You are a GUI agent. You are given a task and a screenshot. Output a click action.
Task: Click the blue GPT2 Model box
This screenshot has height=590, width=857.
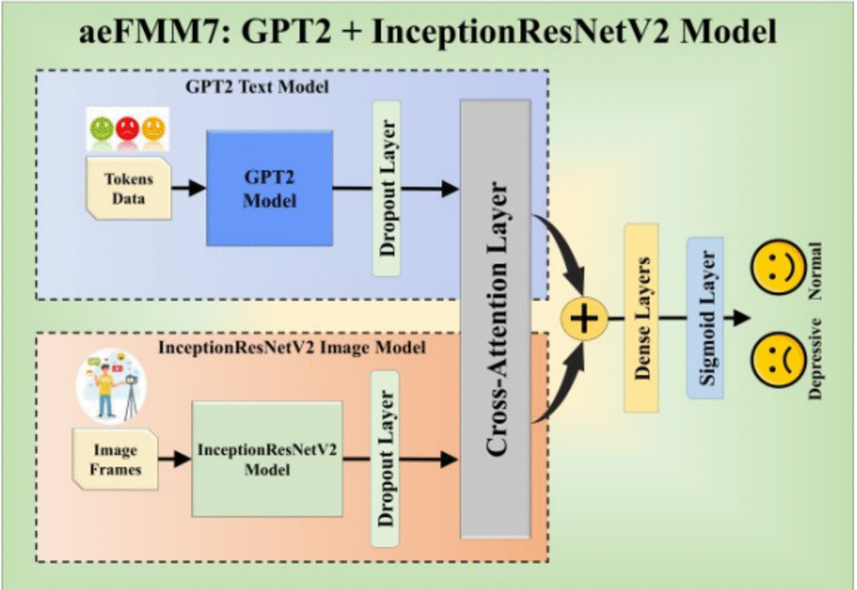(269, 189)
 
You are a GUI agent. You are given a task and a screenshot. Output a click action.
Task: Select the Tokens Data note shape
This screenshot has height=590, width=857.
(129, 189)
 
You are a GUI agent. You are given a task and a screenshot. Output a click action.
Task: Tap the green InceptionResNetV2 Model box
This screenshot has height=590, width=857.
(267, 459)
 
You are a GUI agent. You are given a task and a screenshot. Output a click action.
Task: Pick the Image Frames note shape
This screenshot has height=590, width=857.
(115, 460)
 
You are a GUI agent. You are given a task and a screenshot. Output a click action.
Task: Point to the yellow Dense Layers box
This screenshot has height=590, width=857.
(641, 318)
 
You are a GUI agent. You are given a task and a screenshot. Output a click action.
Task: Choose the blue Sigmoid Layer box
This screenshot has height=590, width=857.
(705, 318)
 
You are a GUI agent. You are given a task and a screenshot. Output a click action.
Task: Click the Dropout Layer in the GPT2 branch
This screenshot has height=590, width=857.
(387, 189)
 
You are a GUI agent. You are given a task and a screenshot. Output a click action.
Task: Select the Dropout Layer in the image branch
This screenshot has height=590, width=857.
(386, 459)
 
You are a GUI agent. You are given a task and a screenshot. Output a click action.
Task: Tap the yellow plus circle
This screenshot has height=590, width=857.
(584, 318)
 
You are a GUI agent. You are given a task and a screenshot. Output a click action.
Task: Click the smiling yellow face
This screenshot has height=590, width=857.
(778, 267)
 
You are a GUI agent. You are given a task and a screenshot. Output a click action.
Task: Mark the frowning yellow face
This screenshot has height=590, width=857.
(778, 359)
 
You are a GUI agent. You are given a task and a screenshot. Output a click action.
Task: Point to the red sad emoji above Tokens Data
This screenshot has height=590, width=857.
(128, 127)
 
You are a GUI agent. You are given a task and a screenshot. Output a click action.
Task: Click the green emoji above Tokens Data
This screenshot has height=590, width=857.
(101, 127)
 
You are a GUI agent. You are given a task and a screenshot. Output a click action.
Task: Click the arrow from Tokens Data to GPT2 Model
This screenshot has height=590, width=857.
(189, 189)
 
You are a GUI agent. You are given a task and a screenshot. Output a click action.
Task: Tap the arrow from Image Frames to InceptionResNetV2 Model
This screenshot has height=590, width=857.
(174, 459)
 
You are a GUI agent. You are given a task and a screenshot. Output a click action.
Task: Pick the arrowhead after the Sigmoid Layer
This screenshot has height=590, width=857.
(741, 318)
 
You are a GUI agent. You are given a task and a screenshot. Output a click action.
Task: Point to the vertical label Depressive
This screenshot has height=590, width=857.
(815, 359)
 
